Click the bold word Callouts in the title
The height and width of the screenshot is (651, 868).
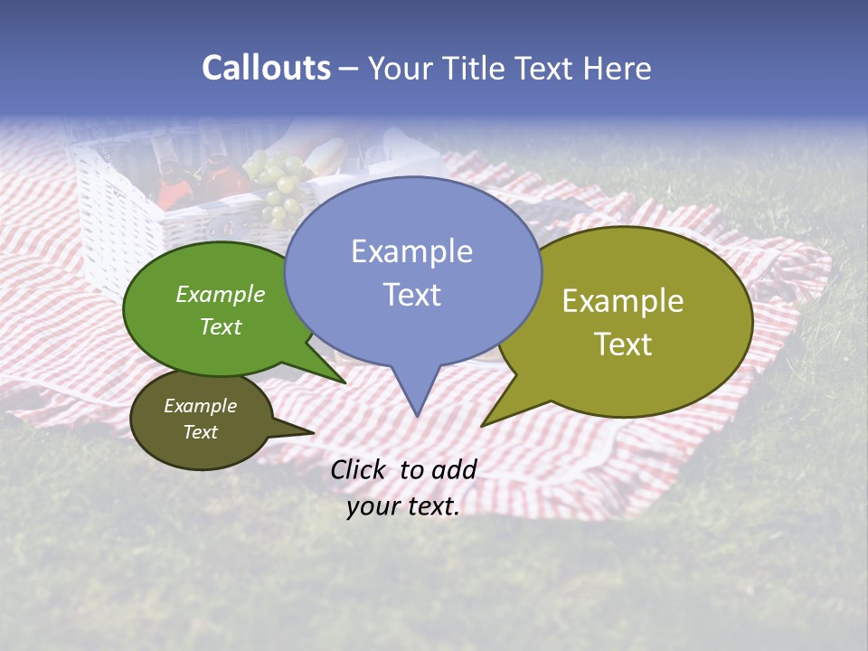[266, 69]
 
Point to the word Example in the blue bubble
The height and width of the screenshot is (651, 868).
[411, 251]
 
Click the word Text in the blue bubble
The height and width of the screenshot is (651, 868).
[411, 295]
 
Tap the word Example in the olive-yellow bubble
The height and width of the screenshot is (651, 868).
[623, 301]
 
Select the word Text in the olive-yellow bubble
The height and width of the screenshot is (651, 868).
[623, 344]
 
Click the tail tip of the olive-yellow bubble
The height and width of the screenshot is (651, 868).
[483, 425]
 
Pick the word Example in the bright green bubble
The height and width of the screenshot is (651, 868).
[221, 295]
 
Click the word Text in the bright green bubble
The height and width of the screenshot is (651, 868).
[221, 326]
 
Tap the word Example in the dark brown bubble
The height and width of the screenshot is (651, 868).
[200, 406]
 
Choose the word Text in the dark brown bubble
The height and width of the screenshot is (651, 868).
[200, 432]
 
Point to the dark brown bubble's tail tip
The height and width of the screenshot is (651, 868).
[313, 432]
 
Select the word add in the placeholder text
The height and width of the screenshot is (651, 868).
[454, 470]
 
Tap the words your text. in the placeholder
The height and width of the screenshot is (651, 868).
[403, 507]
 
